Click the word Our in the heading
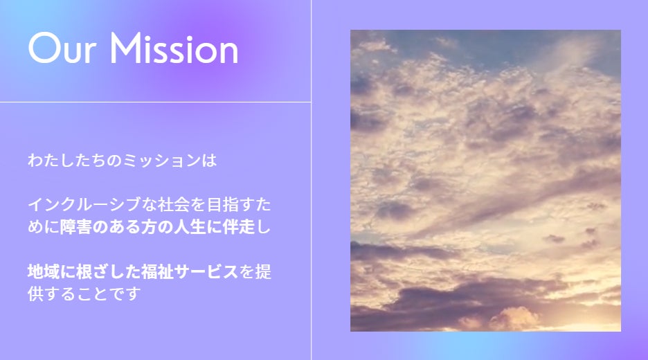pos(62,48)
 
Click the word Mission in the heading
pos(174,48)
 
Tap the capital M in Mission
pos(125,48)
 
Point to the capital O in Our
pos(44,48)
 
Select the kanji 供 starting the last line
pos(35,294)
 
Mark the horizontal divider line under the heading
pos(155,102)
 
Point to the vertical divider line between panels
pos(311,180)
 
